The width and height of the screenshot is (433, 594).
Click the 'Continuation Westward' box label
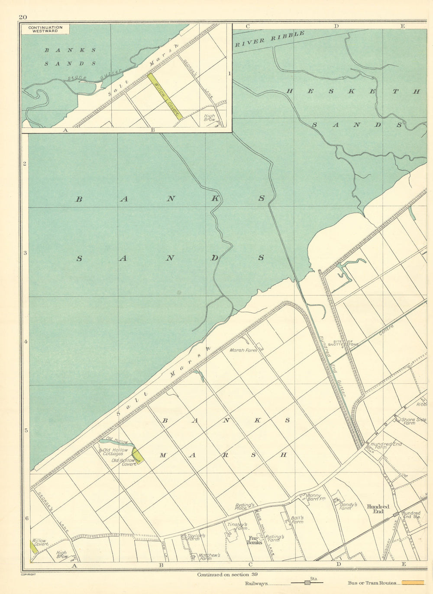tap(45, 29)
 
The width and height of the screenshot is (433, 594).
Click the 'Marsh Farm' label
tap(243, 350)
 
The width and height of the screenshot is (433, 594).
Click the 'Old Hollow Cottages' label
tap(113, 452)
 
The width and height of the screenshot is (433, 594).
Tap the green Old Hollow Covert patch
tap(138, 455)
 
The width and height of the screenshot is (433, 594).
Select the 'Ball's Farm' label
tap(297, 519)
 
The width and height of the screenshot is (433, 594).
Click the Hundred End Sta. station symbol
tap(396, 514)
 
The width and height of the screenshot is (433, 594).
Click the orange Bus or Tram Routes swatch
tap(413, 583)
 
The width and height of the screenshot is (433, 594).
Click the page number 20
tap(23, 17)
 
